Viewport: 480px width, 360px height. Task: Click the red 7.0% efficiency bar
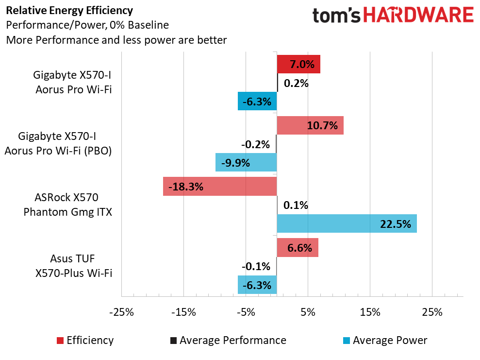(298, 64)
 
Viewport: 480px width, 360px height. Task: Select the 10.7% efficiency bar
(310, 125)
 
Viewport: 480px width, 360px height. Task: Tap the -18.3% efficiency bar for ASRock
(220, 187)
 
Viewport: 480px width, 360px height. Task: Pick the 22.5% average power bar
(347, 223)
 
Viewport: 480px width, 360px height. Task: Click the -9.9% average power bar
(246, 162)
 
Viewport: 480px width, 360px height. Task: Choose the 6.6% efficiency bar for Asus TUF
(298, 248)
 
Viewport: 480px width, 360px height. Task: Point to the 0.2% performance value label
(296, 83)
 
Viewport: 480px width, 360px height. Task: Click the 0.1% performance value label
(296, 205)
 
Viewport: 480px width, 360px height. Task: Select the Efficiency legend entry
(85, 340)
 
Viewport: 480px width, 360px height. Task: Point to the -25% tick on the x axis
(121, 312)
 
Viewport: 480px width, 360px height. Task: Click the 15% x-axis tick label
(370, 312)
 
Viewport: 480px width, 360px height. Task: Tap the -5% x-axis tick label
(246, 312)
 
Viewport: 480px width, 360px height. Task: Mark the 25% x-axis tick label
(432, 312)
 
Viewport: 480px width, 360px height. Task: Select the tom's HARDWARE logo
(393, 16)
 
